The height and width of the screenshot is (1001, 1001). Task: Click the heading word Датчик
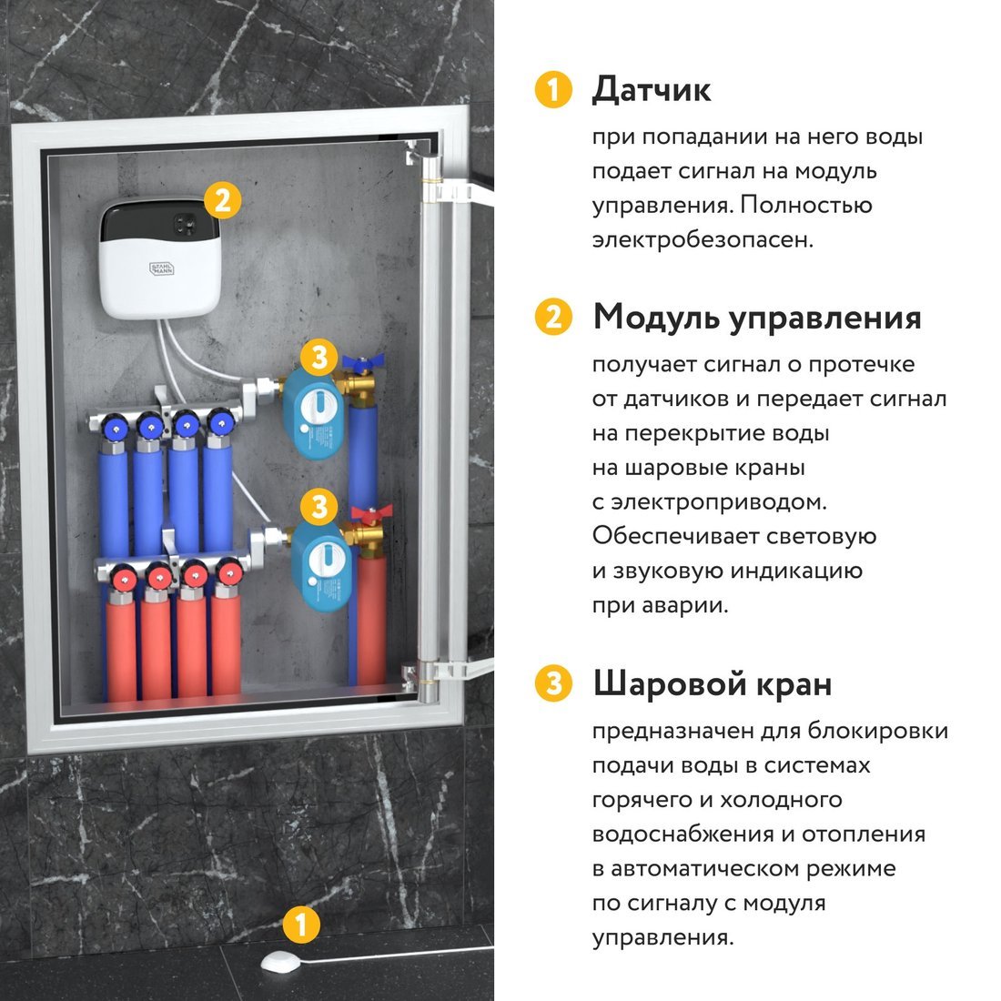point(651,90)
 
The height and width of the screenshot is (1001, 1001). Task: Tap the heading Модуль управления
point(756,318)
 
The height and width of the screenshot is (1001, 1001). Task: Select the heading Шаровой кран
point(712,683)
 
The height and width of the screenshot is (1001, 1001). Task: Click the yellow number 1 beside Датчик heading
point(553,90)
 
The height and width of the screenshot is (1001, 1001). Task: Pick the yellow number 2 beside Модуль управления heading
point(553,318)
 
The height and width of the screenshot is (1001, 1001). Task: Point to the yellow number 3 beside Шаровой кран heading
point(553,683)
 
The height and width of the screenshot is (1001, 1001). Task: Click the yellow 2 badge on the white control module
point(223,199)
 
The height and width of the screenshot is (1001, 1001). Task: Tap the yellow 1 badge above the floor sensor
point(301,925)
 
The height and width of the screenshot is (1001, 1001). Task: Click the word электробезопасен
point(702,240)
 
